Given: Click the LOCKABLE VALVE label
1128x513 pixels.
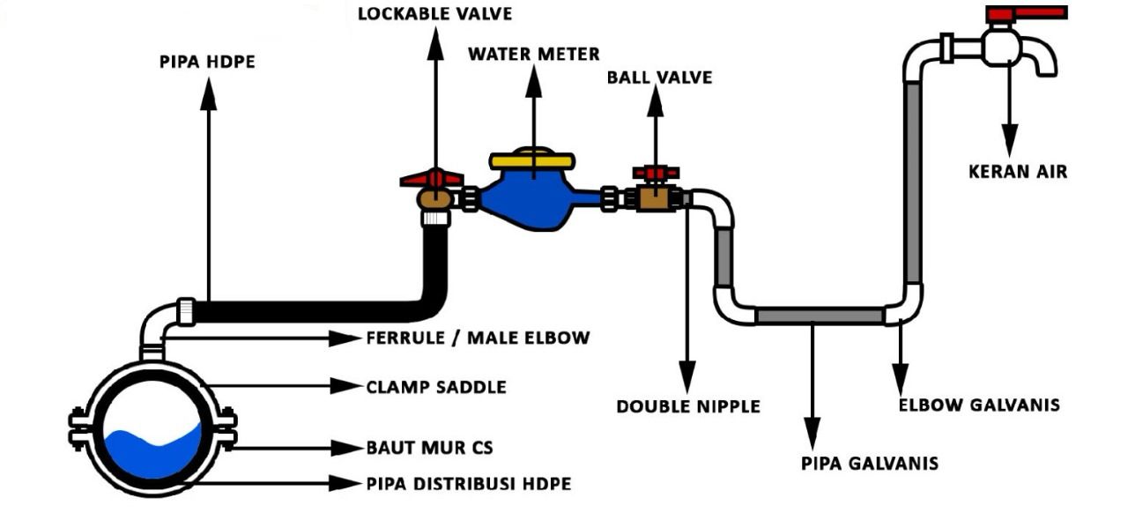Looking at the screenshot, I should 434,14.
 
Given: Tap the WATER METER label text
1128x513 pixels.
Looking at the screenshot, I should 533,55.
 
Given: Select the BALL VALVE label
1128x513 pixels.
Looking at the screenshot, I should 659,78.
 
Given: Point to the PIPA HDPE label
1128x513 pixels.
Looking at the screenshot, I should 208,63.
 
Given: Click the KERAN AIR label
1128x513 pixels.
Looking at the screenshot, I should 1017,171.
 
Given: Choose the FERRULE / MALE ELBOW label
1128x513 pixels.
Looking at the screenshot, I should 477,338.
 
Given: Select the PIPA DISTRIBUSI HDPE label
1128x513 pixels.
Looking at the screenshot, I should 468,484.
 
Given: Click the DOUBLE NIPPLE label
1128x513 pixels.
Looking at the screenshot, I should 687,406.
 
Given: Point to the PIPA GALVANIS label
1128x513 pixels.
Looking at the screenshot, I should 869,463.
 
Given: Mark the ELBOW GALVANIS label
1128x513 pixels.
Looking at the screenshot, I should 978,405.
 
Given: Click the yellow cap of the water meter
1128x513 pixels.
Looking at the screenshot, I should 533,160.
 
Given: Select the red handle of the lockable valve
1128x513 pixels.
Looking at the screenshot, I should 432,179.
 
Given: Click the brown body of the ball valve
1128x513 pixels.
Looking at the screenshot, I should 654,198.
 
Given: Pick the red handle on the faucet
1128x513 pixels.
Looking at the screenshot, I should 1026,13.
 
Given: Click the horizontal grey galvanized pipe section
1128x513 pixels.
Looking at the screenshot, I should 820,316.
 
